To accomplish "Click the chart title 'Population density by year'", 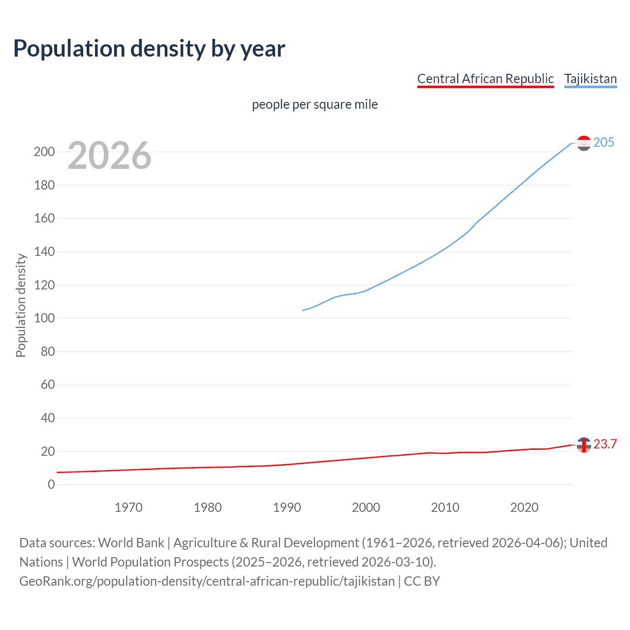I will click(149, 48).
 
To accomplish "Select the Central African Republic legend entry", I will click(485, 79).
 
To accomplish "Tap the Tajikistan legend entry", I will click(590, 79).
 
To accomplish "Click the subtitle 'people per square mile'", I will click(315, 104).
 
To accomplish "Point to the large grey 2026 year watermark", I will click(109, 156).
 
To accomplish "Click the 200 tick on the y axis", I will click(44, 152).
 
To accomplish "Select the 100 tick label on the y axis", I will click(44, 318).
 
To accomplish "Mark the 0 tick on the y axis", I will click(51, 484).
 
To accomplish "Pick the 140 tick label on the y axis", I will click(44, 252).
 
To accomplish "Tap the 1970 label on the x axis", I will click(128, 507).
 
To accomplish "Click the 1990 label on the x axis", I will click(287, 507).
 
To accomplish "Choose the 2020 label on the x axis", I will click(524, 507).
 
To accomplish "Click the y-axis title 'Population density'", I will click(21, 305).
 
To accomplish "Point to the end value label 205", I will click(603, 142).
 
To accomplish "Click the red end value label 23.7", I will click(605, 444).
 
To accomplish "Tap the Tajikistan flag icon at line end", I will click(584, 143).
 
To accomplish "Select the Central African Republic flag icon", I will click(584, 445).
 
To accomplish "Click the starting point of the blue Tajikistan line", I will click(303, 310).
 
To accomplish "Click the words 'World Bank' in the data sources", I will click(131, 542).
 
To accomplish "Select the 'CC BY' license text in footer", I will click(422, 581).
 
